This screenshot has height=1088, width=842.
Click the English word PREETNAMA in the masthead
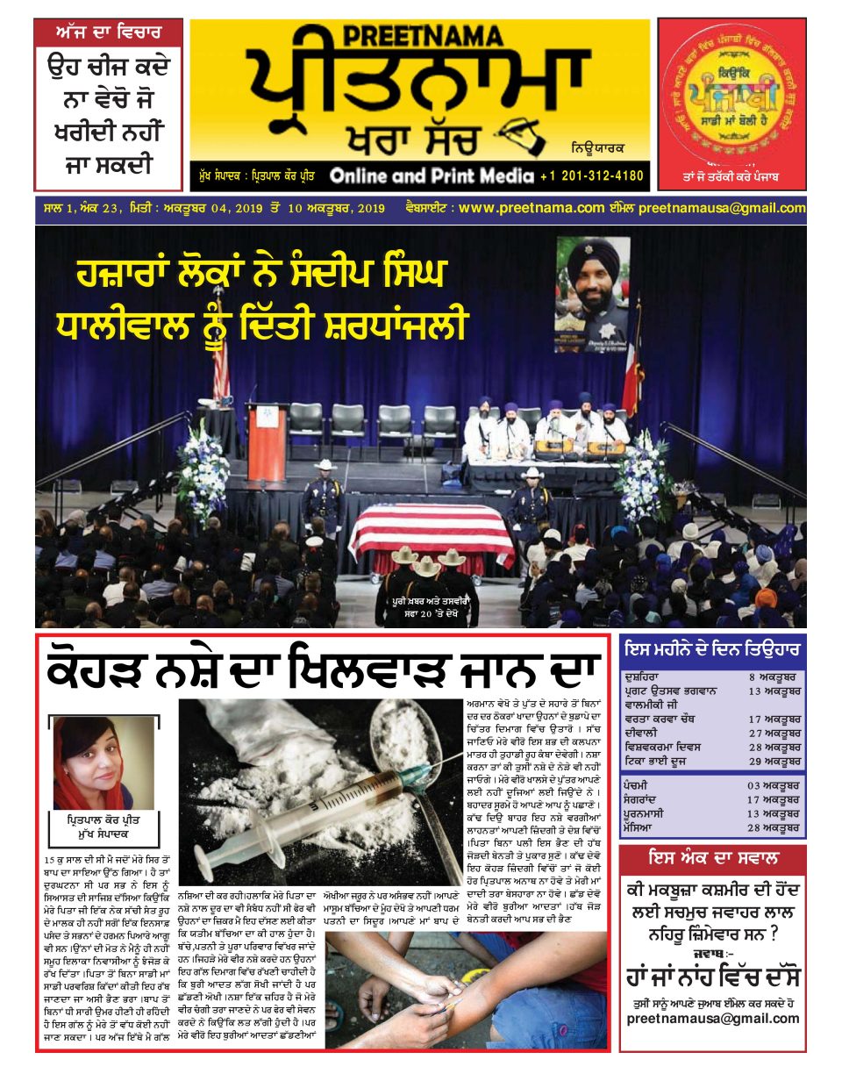click(422, 36)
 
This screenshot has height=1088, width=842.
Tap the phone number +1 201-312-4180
click(591, 175)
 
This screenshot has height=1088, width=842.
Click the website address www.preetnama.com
click(532, 208)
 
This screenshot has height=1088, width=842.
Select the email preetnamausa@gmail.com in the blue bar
click(721, 208)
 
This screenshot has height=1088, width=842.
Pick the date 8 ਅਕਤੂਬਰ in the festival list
click(773, 677)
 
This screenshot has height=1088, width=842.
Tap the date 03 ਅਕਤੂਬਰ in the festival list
click(773, 785)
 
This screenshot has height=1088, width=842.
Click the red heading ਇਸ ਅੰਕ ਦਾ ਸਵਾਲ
click(712, 858)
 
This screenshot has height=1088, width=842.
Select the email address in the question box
click(712, 1019)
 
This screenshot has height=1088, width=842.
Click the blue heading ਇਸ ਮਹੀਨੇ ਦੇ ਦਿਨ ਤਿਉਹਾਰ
click(712, 650)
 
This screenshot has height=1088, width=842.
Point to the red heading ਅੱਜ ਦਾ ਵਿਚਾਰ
click(109, 32)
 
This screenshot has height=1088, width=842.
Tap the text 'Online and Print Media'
click(432, 175)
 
